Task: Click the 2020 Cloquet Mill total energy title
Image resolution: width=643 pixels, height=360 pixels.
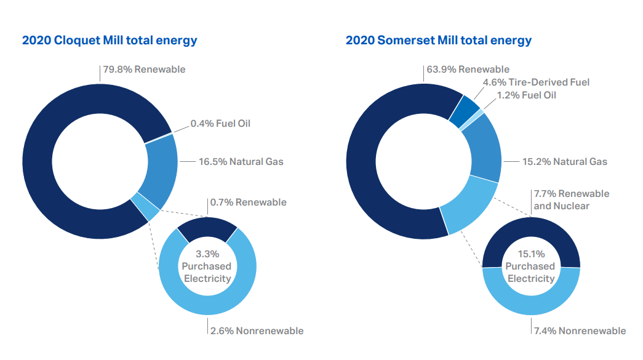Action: tap(110, 41)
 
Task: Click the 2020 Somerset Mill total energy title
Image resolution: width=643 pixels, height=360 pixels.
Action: tap(438, 41)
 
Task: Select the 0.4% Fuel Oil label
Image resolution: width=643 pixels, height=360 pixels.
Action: tap(220, 123)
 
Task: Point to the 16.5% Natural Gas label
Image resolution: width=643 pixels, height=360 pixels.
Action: tap(241, 162)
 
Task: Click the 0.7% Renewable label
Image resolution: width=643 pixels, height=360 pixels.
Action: tap(248, 202)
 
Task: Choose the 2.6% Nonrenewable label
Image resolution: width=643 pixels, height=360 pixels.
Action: tap(257, 330)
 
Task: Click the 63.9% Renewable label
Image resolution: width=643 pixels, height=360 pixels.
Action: tap(468, 69)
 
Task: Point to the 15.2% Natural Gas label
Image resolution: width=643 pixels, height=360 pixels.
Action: tap(564, 162)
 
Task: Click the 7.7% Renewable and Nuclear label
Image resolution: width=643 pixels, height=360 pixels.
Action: tap(571, 199)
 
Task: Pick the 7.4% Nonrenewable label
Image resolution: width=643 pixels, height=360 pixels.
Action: tap(579, 330)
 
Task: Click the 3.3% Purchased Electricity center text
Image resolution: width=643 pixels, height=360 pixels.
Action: tap(207, 266)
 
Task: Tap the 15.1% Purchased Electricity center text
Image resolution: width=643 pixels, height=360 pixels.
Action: tap(530, 266)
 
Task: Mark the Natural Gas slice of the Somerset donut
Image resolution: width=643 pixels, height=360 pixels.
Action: tap(484, 148)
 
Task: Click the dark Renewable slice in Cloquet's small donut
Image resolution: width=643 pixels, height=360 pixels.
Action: tap(207, 228)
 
